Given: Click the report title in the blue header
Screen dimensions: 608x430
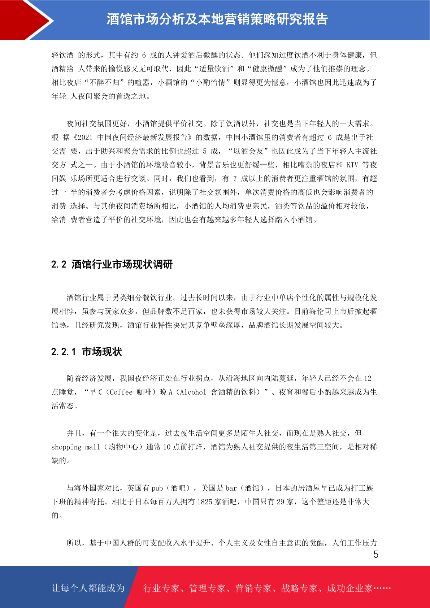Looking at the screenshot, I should tap(217, 19).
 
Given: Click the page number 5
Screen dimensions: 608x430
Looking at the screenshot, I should tap(376, 555).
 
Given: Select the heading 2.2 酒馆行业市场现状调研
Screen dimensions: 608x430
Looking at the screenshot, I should tap(112, 264).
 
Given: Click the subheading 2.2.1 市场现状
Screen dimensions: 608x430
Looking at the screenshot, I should tap(87, 352).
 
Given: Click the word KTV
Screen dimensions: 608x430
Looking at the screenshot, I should tap(352, 165).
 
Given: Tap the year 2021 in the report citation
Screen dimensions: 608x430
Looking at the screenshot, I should tap(85, 138).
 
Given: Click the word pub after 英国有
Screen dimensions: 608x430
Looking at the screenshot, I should tap(157, 488).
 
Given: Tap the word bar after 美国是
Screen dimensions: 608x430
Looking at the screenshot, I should tap(231, 488).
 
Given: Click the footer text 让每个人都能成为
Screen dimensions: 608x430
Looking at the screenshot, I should tap(88, 588).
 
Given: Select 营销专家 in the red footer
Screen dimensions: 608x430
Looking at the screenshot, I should tap(253, 588).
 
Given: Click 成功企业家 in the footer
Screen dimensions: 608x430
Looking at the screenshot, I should tap(349, 588).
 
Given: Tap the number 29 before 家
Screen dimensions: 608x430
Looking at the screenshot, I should tap(281, 502).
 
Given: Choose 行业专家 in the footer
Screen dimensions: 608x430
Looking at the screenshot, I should tap(161, 588).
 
